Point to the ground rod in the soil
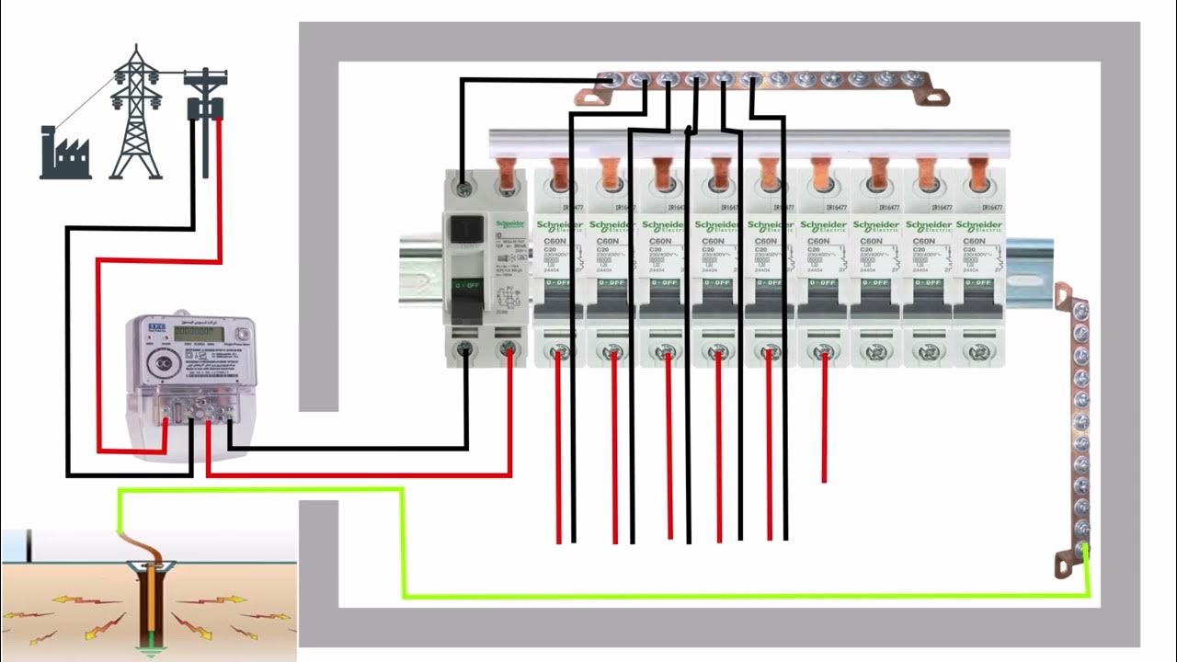(148, 598)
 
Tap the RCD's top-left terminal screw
(465, 188)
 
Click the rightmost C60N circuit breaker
(978, 267)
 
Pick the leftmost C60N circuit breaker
(559, 267)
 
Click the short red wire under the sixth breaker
(824, 418)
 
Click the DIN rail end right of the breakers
(1028, 271)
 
